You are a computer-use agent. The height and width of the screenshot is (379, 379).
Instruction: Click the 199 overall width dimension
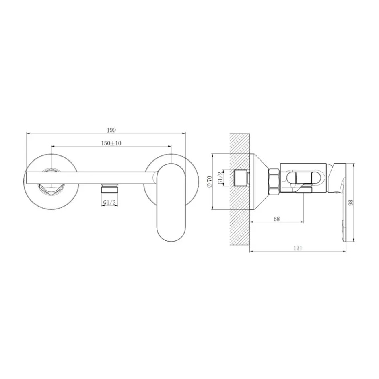tap(111, 130)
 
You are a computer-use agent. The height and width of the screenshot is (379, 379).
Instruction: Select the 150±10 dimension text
tap(111, 143)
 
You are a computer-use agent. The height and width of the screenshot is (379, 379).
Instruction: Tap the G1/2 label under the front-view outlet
tap(109, 202)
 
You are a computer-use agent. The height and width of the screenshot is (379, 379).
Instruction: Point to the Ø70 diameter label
tap(209, 182)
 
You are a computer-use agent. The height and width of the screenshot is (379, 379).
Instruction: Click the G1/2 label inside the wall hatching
tap(220, 178)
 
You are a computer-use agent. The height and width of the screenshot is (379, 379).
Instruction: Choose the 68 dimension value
tap(276, 219)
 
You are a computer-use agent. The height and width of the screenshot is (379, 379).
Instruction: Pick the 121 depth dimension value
tap(298, 248)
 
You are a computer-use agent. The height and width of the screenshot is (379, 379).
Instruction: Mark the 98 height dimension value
tap(351, 203)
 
